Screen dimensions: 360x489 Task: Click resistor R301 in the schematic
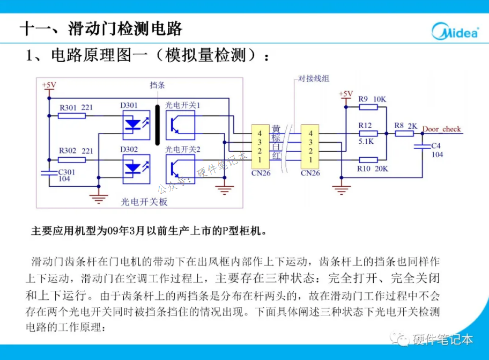coord(71,115)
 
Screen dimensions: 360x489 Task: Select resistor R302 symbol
coord(71,159)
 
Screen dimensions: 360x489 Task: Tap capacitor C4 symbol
coord(423,145)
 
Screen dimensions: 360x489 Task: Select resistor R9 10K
coord(368,107)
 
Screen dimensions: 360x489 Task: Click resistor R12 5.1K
coord(368,133)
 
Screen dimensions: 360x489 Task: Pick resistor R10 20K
coord(368,159)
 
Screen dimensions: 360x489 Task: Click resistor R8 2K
coord(404,133)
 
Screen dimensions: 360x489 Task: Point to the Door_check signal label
coord(441,129)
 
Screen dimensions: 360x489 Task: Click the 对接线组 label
coord(314,79)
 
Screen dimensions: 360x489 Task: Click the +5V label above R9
coord(346,94)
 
